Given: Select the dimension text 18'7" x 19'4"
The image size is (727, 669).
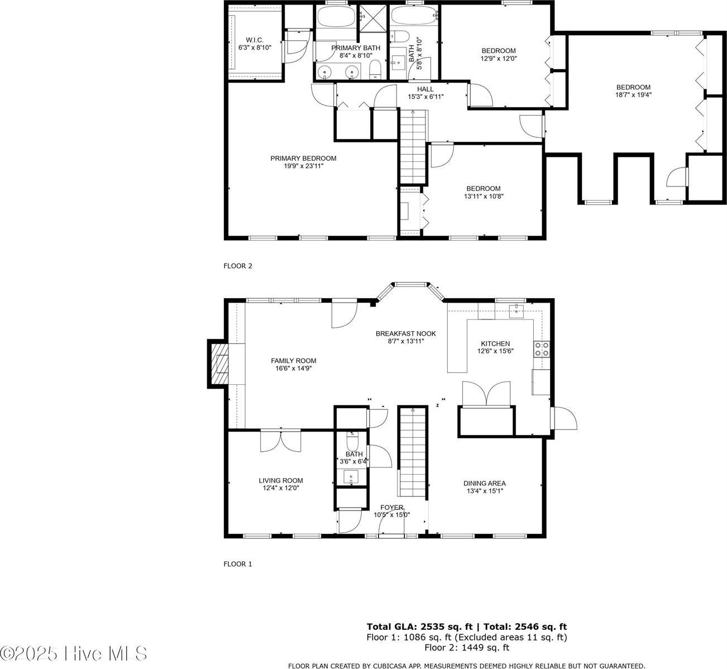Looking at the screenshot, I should tap(633, 94).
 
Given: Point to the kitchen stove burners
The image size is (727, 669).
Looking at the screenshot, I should tap(541, 349).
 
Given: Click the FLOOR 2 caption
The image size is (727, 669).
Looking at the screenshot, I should tap(238, 266).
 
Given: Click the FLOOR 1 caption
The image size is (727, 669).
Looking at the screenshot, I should tap(238, 564).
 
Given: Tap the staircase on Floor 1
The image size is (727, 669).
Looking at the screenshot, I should tap(412, 451).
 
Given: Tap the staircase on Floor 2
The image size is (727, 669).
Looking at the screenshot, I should tap(412, 147).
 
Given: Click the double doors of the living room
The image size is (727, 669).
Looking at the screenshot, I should tap(281, 441).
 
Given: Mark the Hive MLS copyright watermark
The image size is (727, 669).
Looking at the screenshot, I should tap(74, 653).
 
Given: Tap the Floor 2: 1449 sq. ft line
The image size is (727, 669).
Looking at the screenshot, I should tap(466, 648).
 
